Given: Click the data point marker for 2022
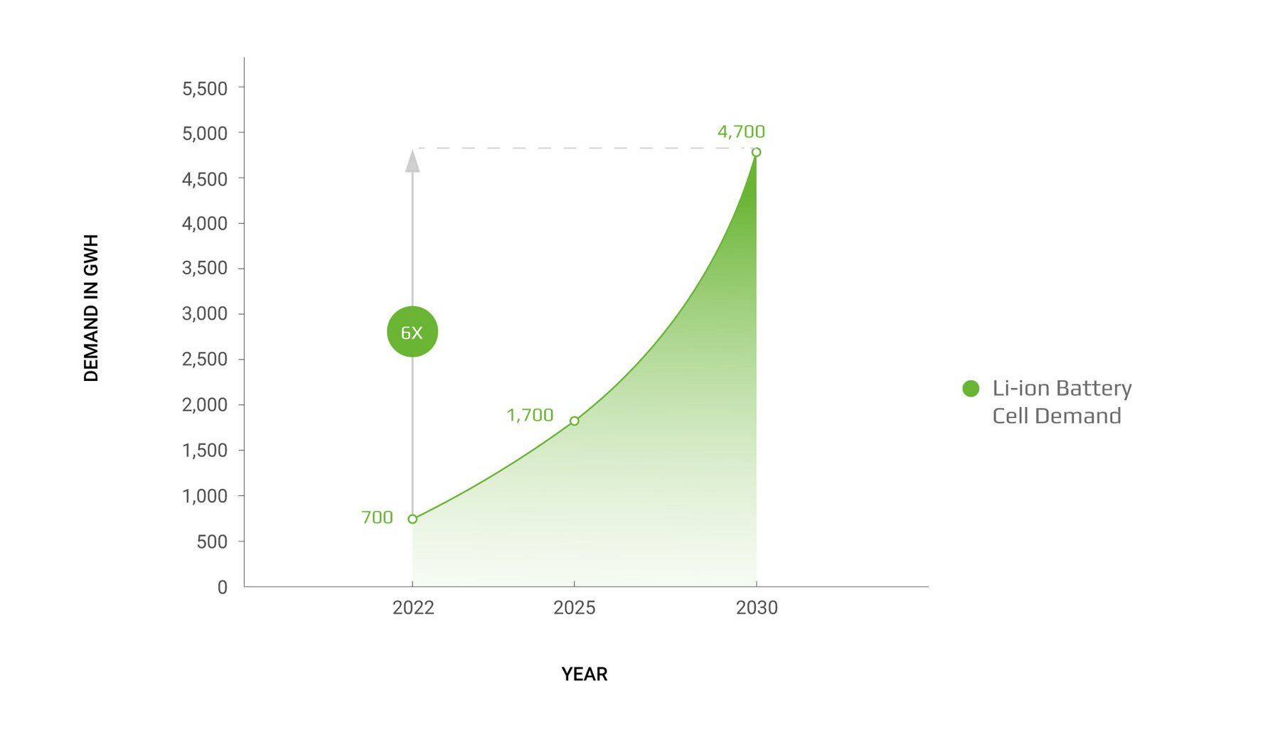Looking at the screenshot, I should coord(412,519).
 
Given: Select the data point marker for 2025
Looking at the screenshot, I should coord(575,421).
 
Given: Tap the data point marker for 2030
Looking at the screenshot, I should coord(756,152).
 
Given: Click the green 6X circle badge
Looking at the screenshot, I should coord(412,332).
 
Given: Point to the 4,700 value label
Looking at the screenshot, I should coord(741,131).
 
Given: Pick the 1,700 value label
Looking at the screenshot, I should coord(530,415).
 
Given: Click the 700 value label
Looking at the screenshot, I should coord(377,517).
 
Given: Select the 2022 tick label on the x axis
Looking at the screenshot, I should coord(413,608).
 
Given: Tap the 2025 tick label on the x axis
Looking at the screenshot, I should coord(575,608).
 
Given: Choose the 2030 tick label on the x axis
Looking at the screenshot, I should coord(757,608).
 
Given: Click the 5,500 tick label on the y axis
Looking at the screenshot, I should coord(205,89).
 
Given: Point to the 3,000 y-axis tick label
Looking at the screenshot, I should coord(205,313).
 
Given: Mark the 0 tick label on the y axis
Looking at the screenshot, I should coord(223,587).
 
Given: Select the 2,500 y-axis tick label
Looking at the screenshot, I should coord(205,359).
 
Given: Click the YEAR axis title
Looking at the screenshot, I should coord(585,674).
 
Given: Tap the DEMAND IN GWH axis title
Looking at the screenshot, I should coord(91,308).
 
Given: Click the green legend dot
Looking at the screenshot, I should coord(971,388).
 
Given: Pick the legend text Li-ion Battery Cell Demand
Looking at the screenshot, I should coord(1061,402).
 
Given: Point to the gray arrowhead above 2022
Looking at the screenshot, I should coord(412,161).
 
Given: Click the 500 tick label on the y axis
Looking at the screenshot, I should coord(212,542).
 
